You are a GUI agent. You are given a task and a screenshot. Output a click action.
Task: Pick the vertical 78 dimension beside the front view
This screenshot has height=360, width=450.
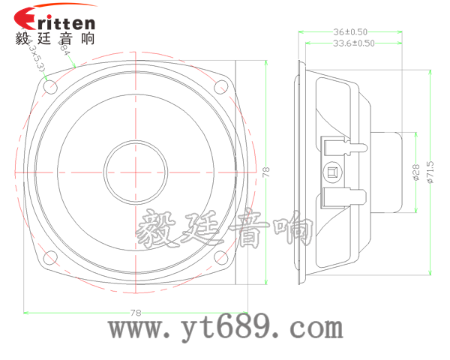[x=265, y=172]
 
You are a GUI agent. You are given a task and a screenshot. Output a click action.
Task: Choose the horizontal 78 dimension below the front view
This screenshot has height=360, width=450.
[x=136, y=312]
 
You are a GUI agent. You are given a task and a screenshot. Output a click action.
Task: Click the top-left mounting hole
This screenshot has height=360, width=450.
[x=50, y=86]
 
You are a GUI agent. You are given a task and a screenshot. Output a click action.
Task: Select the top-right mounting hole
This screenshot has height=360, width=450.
[x=221, y=86]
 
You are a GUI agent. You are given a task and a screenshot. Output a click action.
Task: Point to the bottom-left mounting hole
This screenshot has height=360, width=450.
[x=50, y=258]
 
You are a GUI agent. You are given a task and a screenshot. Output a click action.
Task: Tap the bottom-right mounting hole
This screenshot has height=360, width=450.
[x=221, y=258]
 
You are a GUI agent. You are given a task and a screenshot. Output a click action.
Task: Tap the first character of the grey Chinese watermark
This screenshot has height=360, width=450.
[x=157, y=229]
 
